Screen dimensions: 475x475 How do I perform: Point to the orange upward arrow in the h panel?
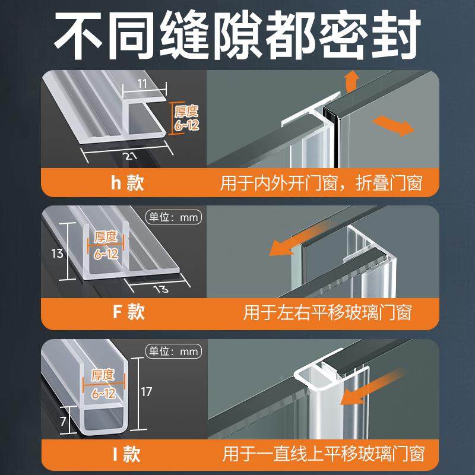click(351, 80)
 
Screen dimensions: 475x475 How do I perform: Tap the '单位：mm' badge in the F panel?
click(173, 217)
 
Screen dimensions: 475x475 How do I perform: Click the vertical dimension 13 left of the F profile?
click(57, 254)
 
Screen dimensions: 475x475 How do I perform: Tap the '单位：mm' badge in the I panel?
click(173, 351)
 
